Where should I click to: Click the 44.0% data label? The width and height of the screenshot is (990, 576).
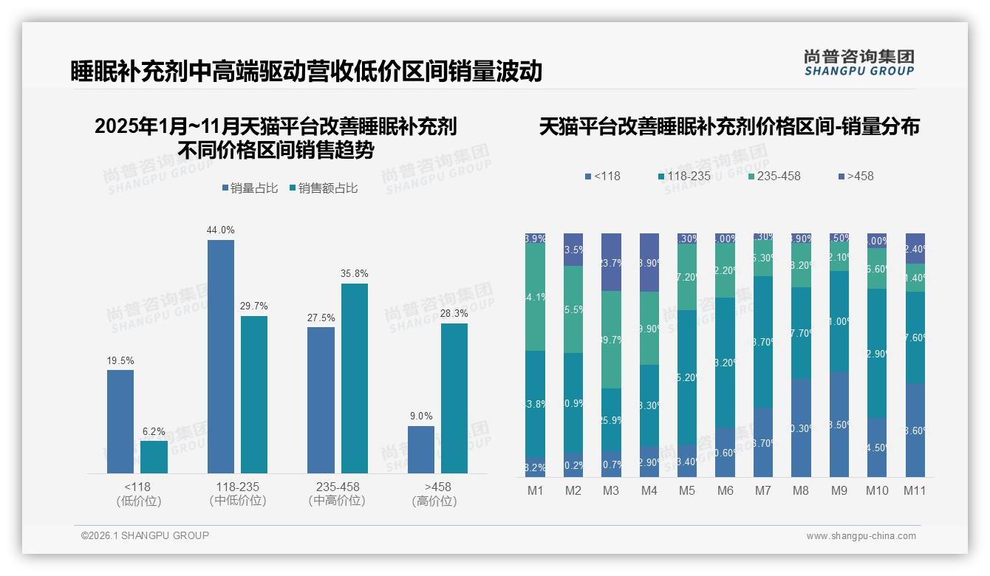pyautogui.click(x=220, y=230)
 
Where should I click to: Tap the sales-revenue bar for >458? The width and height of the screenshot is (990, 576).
pyautogui.click(x=454, y=398)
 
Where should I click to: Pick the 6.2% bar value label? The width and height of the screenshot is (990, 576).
pyautogui.click(x=154, y=431)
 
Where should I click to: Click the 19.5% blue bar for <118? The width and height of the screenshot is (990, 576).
pyautogui.click(x=120, y=421)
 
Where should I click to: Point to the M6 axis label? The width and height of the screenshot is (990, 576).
pyautogui.click(x=726, y=490)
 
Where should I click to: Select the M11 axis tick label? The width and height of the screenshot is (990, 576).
pyautogui.click(x=915, y=490)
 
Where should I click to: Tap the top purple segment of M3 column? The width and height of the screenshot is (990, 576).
pyautogui.click(x=611, y=262)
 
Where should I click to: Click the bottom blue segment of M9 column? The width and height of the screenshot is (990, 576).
pyautogui.click(x=839, y=425)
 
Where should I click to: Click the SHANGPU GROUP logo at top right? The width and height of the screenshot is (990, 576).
pyautogui.click(x=858, y=62)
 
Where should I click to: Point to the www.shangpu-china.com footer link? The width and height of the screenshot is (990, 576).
pyautogui.click(x=861, y=536)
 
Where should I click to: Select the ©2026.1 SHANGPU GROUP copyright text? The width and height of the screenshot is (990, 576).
pyautogui.click(x=145, y=535)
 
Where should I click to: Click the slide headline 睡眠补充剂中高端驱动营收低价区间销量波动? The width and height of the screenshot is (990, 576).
pyautogui.click(x=307, y=71)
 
